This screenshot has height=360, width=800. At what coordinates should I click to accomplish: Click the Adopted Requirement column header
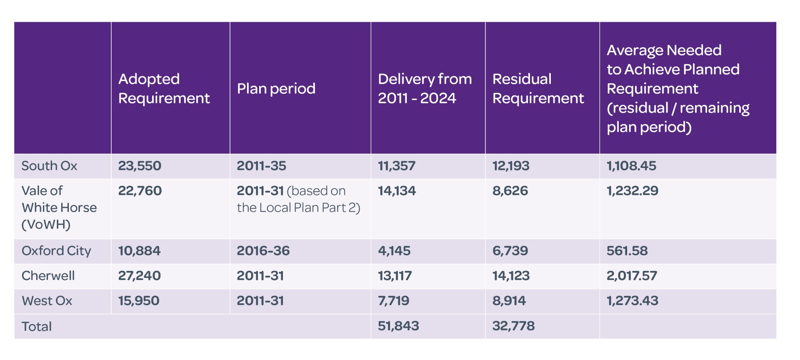pos(164,88)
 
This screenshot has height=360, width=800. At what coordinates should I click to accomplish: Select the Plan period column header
pos(276,88)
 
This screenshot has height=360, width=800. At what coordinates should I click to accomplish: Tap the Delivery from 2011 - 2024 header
pos(425,88)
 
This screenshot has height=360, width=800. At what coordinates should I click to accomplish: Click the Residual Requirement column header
pos(538,88)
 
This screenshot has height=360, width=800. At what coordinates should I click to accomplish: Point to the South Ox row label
pos(49,166)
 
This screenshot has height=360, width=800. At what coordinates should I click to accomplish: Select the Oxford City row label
pos(56,251)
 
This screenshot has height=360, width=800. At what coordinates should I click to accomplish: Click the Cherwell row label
pos(48,276)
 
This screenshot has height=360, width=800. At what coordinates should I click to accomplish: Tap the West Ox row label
pos(47,301)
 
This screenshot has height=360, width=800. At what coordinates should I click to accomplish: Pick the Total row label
pos(37,326)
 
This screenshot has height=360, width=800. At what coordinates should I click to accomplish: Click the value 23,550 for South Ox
pos(140,166)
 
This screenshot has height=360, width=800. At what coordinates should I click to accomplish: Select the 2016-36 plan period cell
pos(263,251)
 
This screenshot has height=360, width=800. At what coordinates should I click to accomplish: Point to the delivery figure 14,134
pos(397,191)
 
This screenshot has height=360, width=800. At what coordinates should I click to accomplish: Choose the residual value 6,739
pos(510,251)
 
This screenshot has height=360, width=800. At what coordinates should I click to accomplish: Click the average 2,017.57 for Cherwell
pos(632,276)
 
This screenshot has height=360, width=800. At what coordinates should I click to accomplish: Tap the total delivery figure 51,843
pos(398,326)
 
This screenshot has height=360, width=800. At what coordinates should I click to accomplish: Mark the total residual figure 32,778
pos(513,326)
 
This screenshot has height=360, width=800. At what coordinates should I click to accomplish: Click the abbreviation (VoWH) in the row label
pos(46,225)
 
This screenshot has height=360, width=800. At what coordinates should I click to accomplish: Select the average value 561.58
pos(627,251)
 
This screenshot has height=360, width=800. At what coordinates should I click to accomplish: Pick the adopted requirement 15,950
pos(139,301)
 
